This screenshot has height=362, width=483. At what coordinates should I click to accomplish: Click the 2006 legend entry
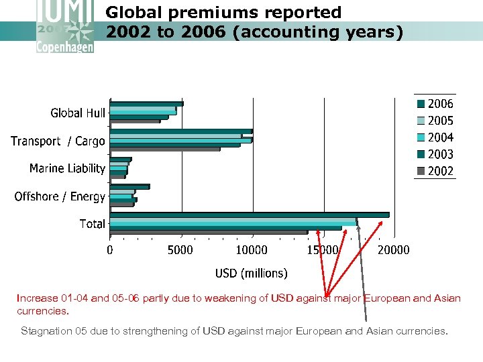coord(435,104)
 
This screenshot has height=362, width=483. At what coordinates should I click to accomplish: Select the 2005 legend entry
coord(435,121)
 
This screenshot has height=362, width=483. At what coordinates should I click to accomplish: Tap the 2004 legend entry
coord(435,137)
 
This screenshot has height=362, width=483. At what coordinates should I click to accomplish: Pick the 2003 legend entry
coord(435,154)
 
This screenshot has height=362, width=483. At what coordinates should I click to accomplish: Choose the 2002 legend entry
coord(435,171)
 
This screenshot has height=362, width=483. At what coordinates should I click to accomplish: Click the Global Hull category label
coord(78,113)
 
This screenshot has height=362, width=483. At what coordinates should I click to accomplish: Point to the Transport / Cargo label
coord(58,141)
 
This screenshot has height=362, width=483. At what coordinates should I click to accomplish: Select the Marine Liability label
coord(67,168)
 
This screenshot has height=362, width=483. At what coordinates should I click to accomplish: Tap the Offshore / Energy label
coord(60,196)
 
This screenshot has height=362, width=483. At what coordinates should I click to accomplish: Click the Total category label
coord(92,224)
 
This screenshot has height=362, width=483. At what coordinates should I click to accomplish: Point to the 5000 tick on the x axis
coord(179,250)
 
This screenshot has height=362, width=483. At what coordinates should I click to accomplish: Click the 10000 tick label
coord(251,250)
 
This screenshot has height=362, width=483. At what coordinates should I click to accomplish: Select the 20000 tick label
coord(393,250)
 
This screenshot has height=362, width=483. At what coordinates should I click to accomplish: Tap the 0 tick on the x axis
coord(110,250)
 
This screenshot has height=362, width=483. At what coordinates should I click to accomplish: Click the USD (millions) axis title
coord(251,273)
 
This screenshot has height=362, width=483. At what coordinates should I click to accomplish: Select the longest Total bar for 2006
coord(249,215)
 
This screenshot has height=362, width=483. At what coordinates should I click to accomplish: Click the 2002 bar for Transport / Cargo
coord(164,149)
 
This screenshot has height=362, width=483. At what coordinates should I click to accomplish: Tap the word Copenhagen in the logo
coord(66,48)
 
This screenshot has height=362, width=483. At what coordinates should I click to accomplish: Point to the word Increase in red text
coord(38,298)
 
